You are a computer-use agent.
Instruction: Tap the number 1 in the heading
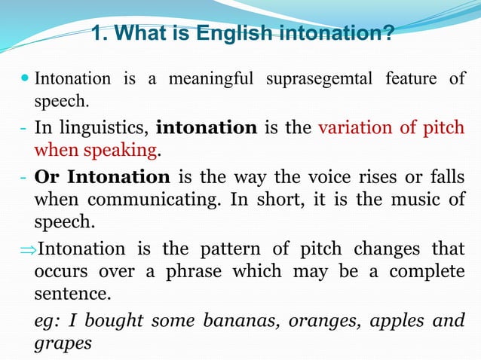click(x=96, y=33)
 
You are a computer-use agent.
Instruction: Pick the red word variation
click(x=354, y=127)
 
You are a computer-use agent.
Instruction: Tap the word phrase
click(x=185, y=272)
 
